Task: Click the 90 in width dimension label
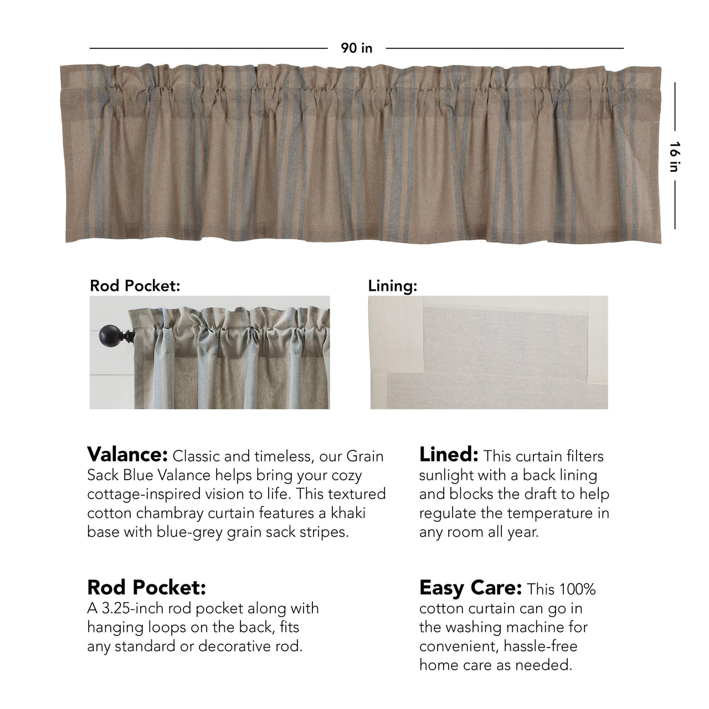(x=357, y=48)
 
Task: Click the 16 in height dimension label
(x=674, y=157)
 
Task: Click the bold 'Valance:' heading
(x=127, y=455)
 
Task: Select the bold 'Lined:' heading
(x=449, y=455)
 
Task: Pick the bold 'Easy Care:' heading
(x=470, y=588)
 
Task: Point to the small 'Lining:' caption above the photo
(x=392, y=286)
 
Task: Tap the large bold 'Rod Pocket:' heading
(x=146, y=588)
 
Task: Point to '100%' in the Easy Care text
(x=577, y=589)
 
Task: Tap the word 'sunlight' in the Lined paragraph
(x=451, y=475)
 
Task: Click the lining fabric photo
(x=489, y=352)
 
